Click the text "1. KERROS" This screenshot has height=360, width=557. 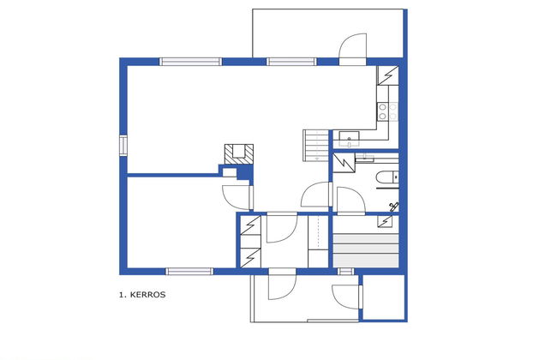(x=142, y=294)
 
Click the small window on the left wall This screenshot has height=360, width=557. (x=124, y=147)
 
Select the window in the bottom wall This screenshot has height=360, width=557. (x=189, y=272)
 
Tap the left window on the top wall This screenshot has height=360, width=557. (x=189, y=62)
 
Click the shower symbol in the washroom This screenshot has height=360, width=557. (x=394, y=205)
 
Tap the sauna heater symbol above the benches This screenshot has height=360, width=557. (x=387, y=223)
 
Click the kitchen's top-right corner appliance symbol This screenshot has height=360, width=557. (x=387, y=75)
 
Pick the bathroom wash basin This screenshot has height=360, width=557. (x=365, y=157)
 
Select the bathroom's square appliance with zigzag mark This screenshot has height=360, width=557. (x=344, y=161)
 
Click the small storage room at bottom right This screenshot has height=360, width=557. (x=383, y=297)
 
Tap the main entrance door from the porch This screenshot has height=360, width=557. (x=281, y=285)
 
